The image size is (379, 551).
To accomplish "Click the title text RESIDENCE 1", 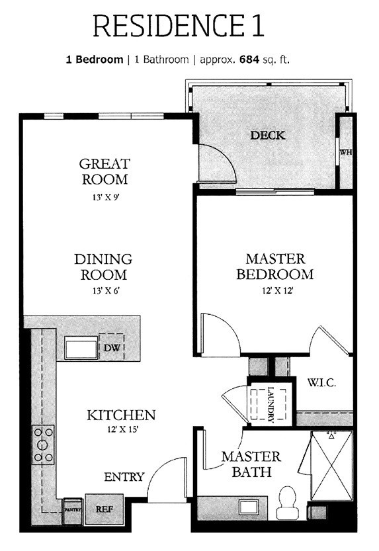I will tap(179, 26).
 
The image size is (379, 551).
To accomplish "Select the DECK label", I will tap(267, 136).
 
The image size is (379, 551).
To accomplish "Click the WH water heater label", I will tap(345, 153).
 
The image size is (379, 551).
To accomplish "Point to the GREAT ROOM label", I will tap(104, 171).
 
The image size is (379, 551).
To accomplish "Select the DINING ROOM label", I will tap(103, 267).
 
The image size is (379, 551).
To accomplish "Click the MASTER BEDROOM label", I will tap(274, 266).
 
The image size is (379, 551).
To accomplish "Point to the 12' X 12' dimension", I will tap(274, 288).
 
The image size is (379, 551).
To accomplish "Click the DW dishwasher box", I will tap(110, 348).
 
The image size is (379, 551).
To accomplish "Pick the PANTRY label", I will tap(72, 509).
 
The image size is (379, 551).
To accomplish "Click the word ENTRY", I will tap(124, 477).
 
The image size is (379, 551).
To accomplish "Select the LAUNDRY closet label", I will tap(271, 403).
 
